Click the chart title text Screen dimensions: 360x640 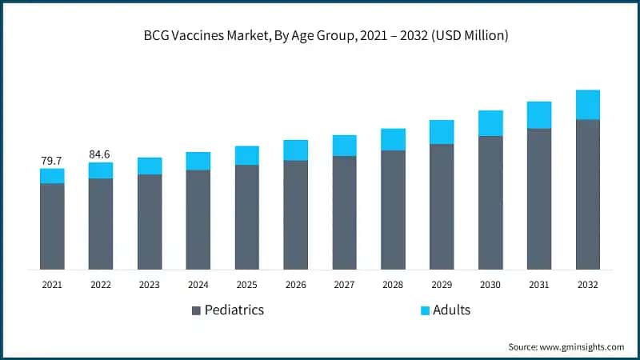(320, 36)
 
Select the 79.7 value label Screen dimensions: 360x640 (52, 161)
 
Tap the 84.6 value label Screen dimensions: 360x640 (101, 154)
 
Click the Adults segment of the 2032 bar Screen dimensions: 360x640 (588, 105)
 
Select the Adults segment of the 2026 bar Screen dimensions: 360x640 (296, 150)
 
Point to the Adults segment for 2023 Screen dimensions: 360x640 (150, 166)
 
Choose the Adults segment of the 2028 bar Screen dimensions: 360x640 (393, 140)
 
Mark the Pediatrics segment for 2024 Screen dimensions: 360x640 (198, 219)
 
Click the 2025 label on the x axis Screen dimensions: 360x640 (247, 284)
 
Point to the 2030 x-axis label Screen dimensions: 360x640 (490, 284)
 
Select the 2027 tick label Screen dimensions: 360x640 (345, 284)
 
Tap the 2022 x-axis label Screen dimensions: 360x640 (101, 284)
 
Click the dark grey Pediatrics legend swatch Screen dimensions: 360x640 (196, 310)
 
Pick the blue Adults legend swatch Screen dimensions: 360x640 (425, 310)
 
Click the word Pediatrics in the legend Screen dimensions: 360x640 (234, 310)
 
